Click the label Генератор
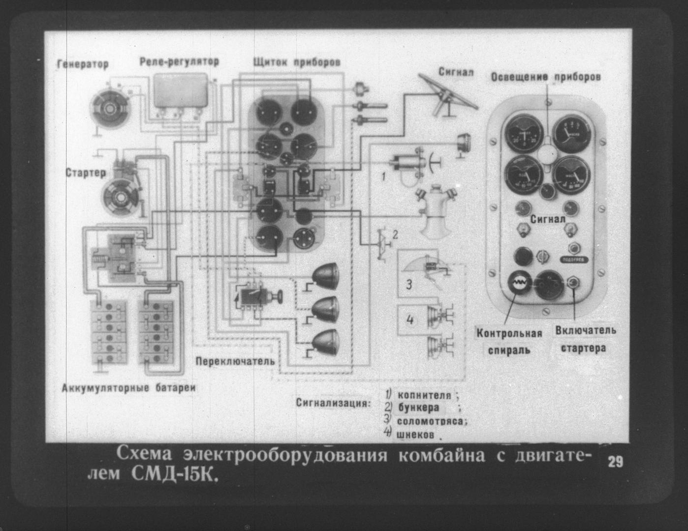83,64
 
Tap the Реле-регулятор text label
179,62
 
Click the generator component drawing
109,108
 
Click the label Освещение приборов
546,78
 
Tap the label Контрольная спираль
509,342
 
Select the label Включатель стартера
586,339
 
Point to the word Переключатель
235,361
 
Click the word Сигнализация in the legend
333,404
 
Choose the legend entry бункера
418,408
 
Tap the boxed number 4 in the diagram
410,320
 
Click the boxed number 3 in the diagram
409,284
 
